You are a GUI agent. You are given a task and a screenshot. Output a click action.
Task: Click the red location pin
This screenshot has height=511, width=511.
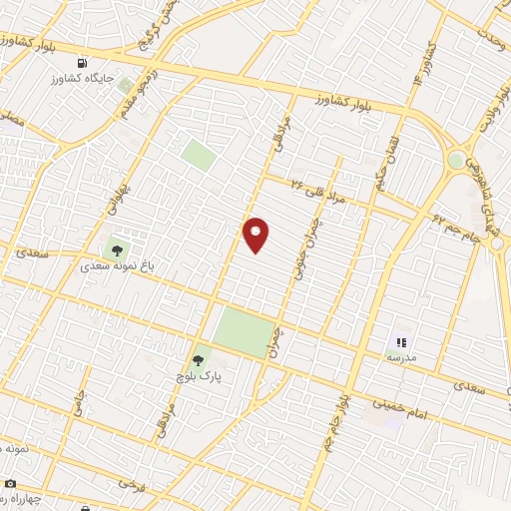tap(256, 235)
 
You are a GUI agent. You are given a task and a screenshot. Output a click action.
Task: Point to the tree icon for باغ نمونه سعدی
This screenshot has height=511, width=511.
tap(117, 251)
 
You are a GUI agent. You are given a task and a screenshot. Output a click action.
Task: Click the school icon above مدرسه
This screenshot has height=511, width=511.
tap(402, 342)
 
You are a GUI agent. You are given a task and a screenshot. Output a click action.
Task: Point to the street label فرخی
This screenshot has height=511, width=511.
tap(127, 483)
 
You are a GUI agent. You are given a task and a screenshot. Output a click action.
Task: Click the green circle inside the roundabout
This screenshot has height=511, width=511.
tap(456, 160)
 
